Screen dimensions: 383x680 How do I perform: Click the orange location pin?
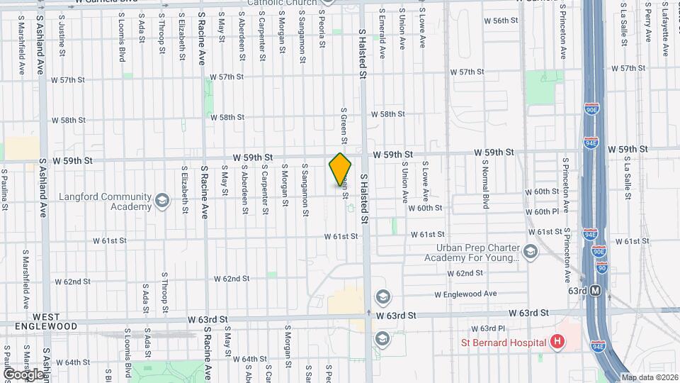coord(341,170)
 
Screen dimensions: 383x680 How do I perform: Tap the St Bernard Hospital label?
coord(501,343)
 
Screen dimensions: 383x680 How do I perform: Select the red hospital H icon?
coord(557,342)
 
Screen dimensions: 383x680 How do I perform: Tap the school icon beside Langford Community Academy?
coord(162,201)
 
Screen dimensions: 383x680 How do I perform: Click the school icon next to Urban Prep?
coord(530,252)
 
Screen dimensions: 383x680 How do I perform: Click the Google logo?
coord(23,373)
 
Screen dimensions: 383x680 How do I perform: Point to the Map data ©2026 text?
coord(650,377)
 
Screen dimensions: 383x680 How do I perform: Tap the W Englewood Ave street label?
coord(465,294)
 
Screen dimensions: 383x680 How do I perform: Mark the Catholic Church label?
coord(283,3)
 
